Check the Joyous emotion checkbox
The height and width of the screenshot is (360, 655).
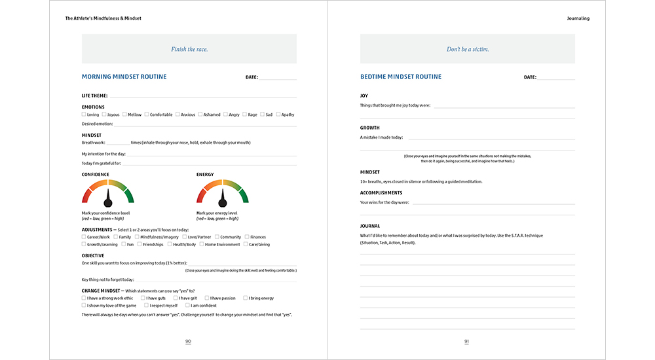coord(103,115)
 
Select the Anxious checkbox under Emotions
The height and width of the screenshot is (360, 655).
coord(177,115)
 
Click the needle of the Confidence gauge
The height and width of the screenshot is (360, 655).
coord(108,196)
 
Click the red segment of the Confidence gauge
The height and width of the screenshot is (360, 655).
coord(87,194)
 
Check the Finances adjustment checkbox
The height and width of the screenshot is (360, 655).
coord(247,237)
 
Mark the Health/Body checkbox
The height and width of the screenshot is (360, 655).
coord(170,244)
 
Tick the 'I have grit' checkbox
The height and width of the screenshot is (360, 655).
coord(176,298)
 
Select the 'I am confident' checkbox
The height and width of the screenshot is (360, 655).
coord(187,305)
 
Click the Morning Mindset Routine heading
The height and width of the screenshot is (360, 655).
coord(124,77)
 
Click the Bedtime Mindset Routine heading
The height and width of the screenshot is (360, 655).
coord(401,77)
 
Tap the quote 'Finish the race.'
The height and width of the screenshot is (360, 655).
coord(189,49)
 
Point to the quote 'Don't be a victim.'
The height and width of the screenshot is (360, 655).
coord(468,49)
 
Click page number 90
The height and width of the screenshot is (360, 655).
coord(189,341)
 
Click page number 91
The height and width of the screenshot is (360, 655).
coord(467,341)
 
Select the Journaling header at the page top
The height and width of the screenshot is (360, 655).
coord(578,18)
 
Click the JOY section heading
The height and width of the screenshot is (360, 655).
coord(364,96)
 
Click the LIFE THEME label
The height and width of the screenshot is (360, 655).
coord(94,96)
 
